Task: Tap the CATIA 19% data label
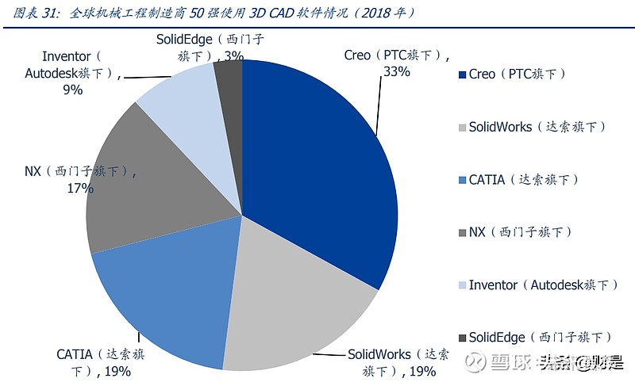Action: coord(100,362)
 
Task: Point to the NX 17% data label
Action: coord(79,180)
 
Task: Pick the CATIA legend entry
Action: coord(524,180)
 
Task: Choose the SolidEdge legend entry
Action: coord(540,337)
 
